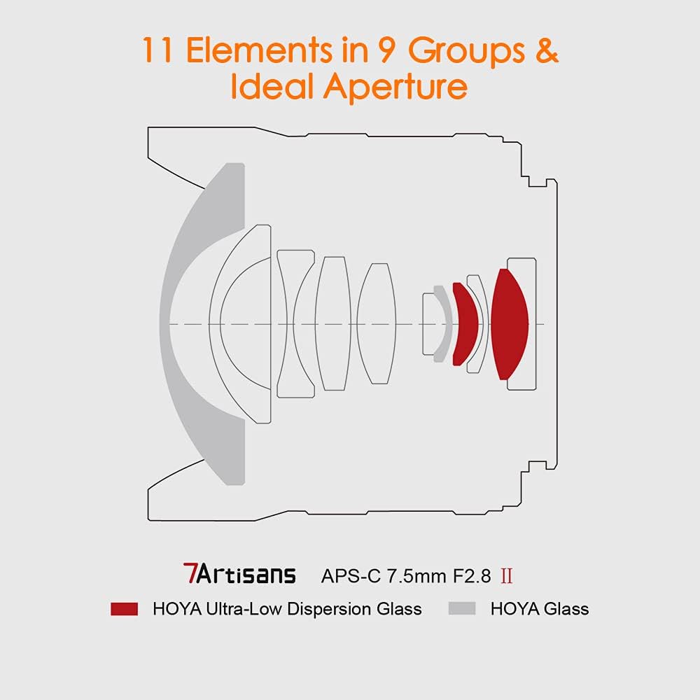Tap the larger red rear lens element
pos(510,323)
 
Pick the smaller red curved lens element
pos(466,323)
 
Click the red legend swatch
pos(124,608)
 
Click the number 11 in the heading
pos(160,50)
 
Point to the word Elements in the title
pos(274,50)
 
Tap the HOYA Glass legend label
pos(539,609)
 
